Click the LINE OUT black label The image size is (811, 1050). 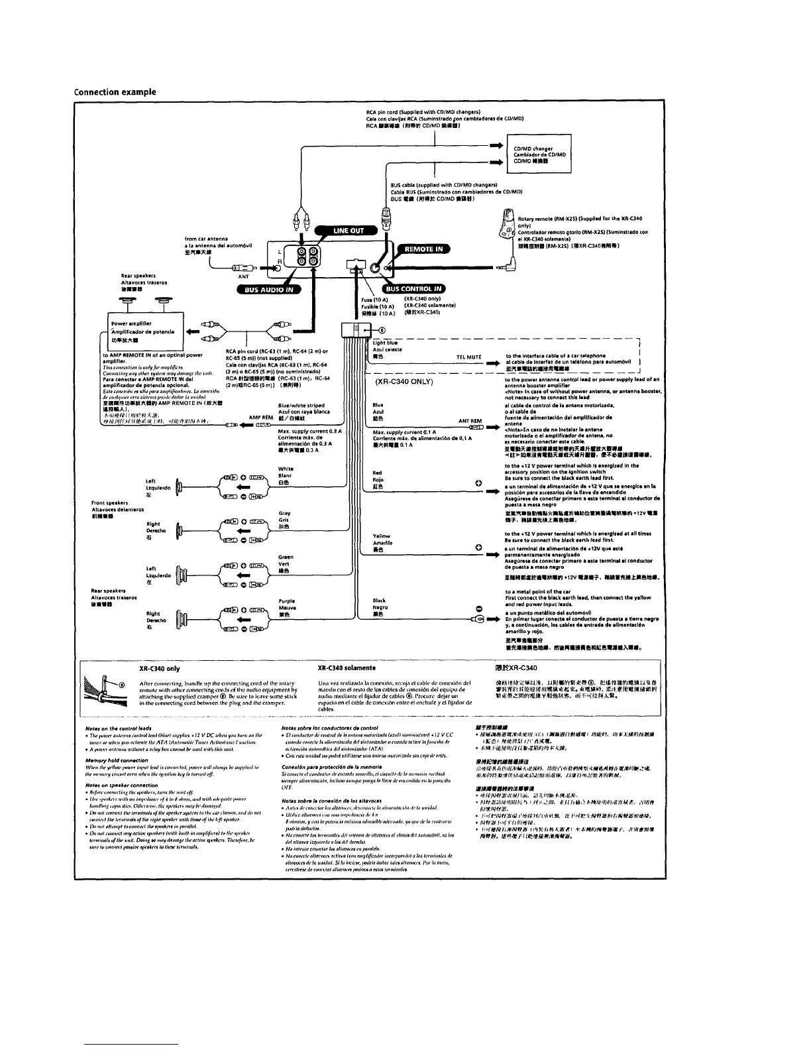(x=348, y=230)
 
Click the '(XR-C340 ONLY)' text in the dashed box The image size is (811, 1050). (x=404, y=382)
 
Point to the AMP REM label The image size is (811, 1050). (x=261, y=418)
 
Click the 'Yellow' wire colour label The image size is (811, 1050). (x=382, y=536)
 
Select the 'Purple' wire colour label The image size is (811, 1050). (x=287, y=601)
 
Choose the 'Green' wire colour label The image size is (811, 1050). (x=286, y=557)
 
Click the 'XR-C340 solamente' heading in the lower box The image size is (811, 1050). (x=347, y=668)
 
